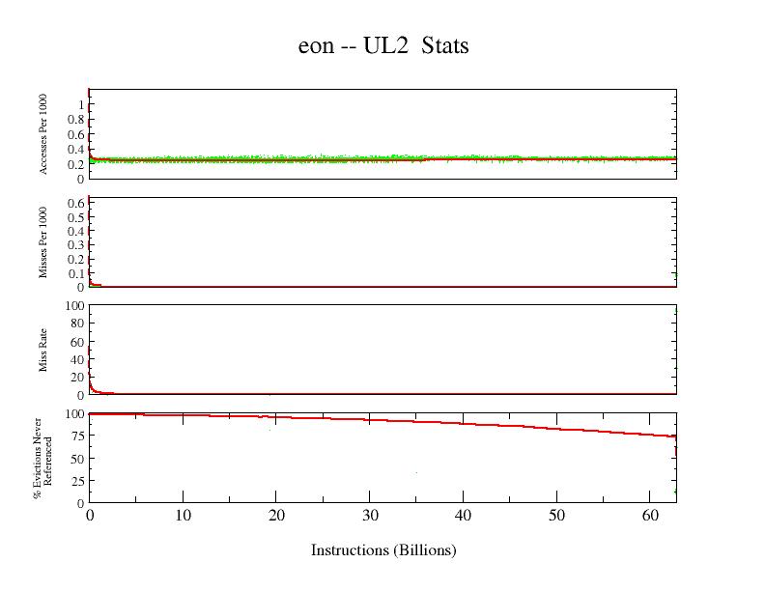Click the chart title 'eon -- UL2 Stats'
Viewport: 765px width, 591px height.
pos(383,45)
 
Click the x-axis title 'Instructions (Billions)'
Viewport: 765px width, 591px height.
pos(383,550)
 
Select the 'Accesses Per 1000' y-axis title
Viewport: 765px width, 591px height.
pos(44,134)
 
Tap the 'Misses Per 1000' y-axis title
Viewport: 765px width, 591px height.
pos(44,241)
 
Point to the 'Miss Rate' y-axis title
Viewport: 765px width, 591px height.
pos(44,350)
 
